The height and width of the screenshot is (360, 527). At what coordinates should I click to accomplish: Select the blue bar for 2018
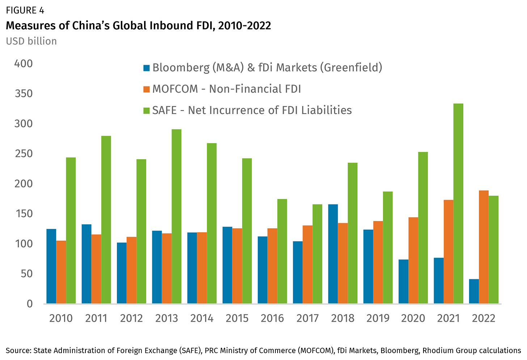(333, 254)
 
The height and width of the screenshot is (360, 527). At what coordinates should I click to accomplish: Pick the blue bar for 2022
(474, 291)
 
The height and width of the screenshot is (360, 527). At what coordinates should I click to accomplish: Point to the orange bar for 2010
(61, 272)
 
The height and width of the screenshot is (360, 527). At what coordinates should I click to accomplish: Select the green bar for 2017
(317, 254)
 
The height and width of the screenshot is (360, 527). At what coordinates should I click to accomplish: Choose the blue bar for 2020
(403, 281)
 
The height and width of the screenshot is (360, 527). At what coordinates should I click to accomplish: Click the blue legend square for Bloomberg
(147, 68)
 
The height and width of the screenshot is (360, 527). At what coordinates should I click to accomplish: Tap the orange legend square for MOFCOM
(147, 89)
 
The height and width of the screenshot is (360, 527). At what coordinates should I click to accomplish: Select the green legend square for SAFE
(147, 110)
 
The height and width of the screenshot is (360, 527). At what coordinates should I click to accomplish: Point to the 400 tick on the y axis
(23, 64)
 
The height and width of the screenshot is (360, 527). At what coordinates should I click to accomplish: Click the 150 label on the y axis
(23, 214)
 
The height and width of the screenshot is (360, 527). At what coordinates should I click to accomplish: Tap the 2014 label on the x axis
(202, 318)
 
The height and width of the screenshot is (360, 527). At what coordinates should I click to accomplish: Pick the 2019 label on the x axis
(378, 318)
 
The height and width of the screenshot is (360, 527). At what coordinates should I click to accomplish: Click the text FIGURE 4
(25, 10)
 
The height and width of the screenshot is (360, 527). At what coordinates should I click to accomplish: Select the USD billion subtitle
(31, 41)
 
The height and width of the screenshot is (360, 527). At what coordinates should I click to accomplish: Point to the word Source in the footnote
(18, 350)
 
